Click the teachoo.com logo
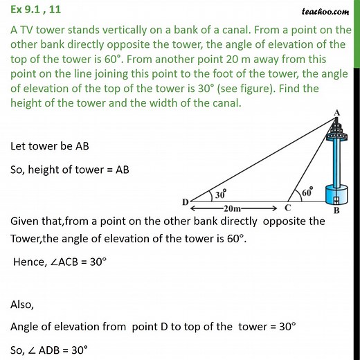point(325,10)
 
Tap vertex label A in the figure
point(336,113)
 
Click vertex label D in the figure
point(185,202)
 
